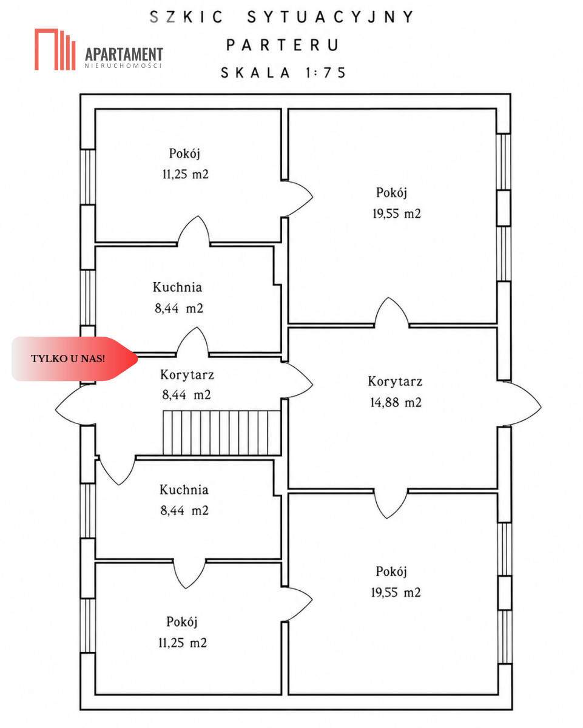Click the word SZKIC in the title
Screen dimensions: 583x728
pyautogui.click(x=186, y=17)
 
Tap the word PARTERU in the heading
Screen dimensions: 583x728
pyautogui.click(x=283, y=45)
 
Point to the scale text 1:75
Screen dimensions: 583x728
pyautogui.click(x=326, y=73)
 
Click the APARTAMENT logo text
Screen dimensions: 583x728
pyautogui.click(x=124, y=54)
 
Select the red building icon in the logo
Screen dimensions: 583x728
pyautogui.click(x=55, y=49)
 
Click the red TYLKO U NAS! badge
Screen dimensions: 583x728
pyautogui.click(x=75, y=359)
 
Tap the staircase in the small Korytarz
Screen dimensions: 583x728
pyautogui.click(x=222, y=433)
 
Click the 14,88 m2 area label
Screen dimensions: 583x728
pyautogui.click(x=396, y=402)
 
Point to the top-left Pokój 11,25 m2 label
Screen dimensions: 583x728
pyautogui.click(x=185, y=164)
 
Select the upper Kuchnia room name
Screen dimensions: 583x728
pyautogui.click(x=177, y=287)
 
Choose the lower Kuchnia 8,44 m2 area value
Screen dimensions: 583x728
pyautogui.click(x=184, y=510)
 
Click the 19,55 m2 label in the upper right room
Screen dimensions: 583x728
pyautogui.click(x=397, y=214)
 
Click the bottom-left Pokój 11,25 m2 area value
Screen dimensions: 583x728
pyautogui.click(x=183, y=642)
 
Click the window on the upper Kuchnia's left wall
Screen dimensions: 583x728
pyautogui.click(x=87, y=298)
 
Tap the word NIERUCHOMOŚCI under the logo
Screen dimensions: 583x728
pyautogui.click(x=123, y=66)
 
